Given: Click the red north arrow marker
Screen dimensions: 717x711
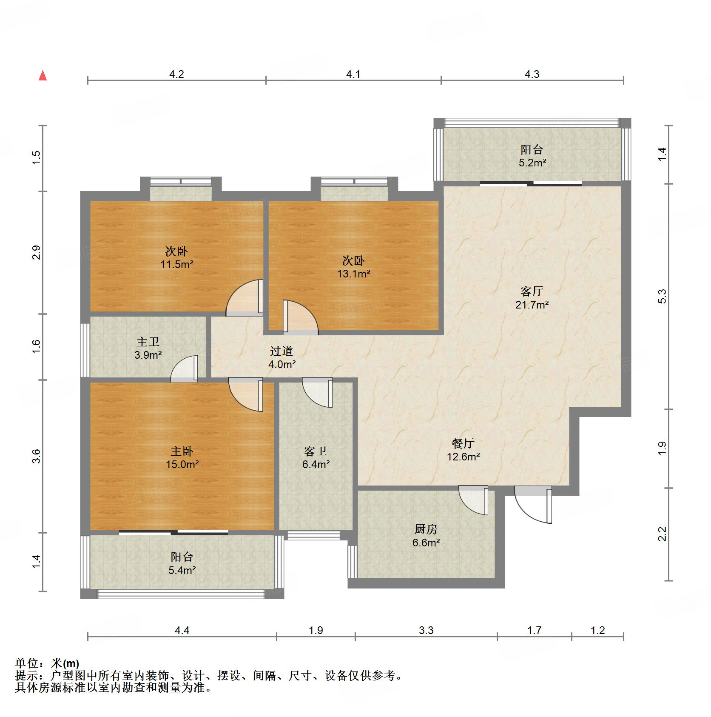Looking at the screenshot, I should point(43,76).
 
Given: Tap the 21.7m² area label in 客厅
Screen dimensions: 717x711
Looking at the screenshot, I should point(532,305).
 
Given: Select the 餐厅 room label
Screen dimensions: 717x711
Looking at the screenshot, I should point(463,443).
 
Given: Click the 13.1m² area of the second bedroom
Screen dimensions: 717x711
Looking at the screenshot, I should point(353,274).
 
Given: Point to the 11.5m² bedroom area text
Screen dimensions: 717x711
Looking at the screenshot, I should point(176,264).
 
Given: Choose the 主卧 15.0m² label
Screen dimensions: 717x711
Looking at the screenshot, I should point(182,458).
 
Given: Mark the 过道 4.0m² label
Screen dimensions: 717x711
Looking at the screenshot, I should point(282,358).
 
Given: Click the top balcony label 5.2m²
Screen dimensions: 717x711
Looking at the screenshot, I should point(532,156).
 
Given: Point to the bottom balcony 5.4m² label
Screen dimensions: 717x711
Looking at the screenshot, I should point(182,564).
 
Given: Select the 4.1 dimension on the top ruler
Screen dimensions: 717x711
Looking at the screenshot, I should point(353,74).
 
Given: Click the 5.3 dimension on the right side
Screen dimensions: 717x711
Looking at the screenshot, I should point(662,296).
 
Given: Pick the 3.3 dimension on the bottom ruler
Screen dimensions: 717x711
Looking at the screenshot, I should point(426,630).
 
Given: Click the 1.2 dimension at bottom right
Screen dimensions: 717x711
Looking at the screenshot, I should point(597,630).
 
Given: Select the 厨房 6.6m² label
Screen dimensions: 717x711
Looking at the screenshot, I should point(426,536).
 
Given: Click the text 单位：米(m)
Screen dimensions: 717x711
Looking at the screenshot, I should point(47,663).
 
